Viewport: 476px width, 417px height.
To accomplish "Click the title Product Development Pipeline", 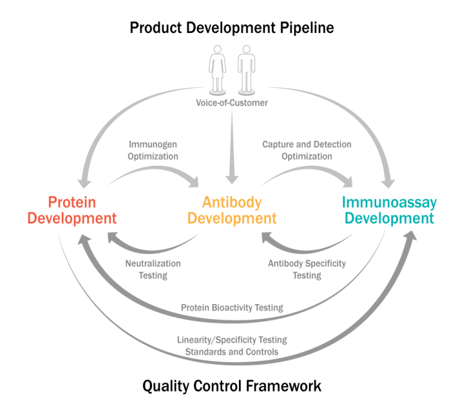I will (231, 27).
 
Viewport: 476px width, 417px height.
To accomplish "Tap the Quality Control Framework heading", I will (232, 386).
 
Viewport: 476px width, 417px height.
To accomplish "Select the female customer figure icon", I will (219, 68).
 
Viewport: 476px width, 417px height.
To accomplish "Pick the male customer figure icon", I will (246, 68).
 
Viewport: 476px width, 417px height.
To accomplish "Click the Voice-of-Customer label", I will (232, 103).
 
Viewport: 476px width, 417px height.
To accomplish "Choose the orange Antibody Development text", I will (232, 210).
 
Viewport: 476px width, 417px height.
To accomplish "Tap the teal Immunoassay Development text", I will (389, 210).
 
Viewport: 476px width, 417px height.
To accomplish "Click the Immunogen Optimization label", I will (153, 150).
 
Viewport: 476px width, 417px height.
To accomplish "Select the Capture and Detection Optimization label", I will (306, 150).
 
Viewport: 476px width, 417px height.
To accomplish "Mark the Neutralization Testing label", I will (153, 269).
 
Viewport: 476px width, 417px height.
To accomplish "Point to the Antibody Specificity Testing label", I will (306, 269).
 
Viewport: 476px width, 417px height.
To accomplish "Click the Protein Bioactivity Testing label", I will (232, 307).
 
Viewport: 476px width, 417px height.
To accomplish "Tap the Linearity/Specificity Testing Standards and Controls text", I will (232, 346).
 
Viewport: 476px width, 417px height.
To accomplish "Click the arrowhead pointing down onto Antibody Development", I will (232, 179).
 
